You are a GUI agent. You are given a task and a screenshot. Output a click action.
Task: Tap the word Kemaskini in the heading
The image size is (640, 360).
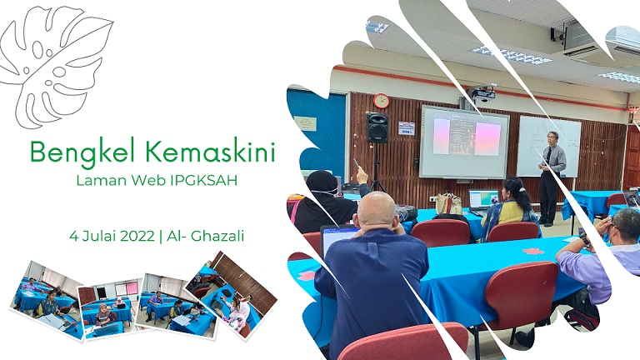[210, 151]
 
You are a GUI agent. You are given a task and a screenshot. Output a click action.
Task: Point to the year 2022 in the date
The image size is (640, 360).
[137, 236]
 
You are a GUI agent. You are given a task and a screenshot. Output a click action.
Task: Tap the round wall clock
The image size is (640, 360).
[381, 101]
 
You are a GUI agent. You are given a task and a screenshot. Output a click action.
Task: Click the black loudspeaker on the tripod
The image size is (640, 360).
[377, 127]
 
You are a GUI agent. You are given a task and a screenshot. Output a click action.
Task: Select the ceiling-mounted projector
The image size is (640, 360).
[482, 93]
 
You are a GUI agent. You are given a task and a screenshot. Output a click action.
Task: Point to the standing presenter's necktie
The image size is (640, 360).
[548, 155]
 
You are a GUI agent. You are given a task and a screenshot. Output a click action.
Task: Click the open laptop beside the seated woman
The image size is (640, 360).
[483, 201]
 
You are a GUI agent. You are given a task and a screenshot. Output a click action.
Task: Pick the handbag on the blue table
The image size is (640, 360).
[448, 203]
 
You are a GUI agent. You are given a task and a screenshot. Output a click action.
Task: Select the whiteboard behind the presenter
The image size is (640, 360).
[548, 146]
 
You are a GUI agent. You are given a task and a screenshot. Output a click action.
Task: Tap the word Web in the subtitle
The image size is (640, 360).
[146, 180]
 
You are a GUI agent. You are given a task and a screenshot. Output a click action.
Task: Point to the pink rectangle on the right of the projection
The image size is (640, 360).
[487, 139]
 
